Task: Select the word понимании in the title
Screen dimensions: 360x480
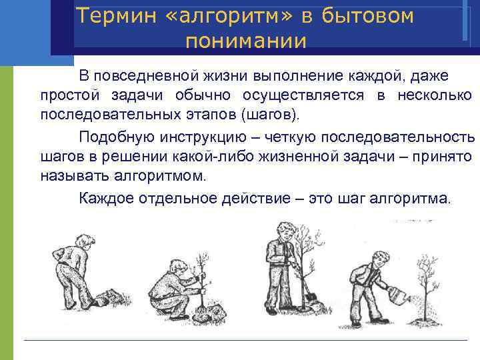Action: pos(246,41)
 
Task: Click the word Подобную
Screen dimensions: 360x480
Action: pos(115,137)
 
